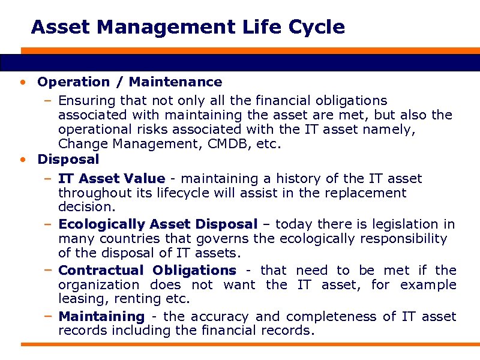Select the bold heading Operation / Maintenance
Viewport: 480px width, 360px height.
point(130,82)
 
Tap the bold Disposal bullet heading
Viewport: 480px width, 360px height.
point(68,159)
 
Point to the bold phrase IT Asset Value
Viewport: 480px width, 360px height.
point(112,178)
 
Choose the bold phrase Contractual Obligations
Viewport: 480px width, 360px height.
point(148,270)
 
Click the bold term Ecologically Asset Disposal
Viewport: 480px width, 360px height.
point(158,224)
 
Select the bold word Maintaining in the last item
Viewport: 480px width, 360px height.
point(101,316)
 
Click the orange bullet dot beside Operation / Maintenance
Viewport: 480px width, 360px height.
point(22,82)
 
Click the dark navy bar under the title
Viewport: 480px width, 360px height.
point(240,62)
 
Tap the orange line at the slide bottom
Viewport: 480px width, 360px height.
point(240,344)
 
